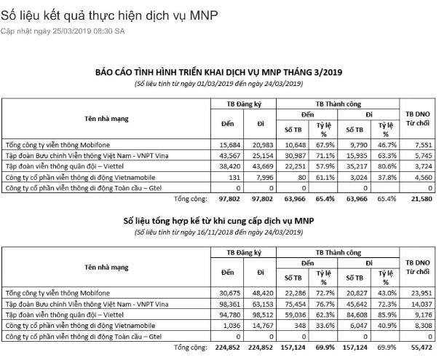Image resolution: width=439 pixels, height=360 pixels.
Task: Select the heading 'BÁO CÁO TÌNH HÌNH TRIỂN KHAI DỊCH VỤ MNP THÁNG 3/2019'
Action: pos(219,73)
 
